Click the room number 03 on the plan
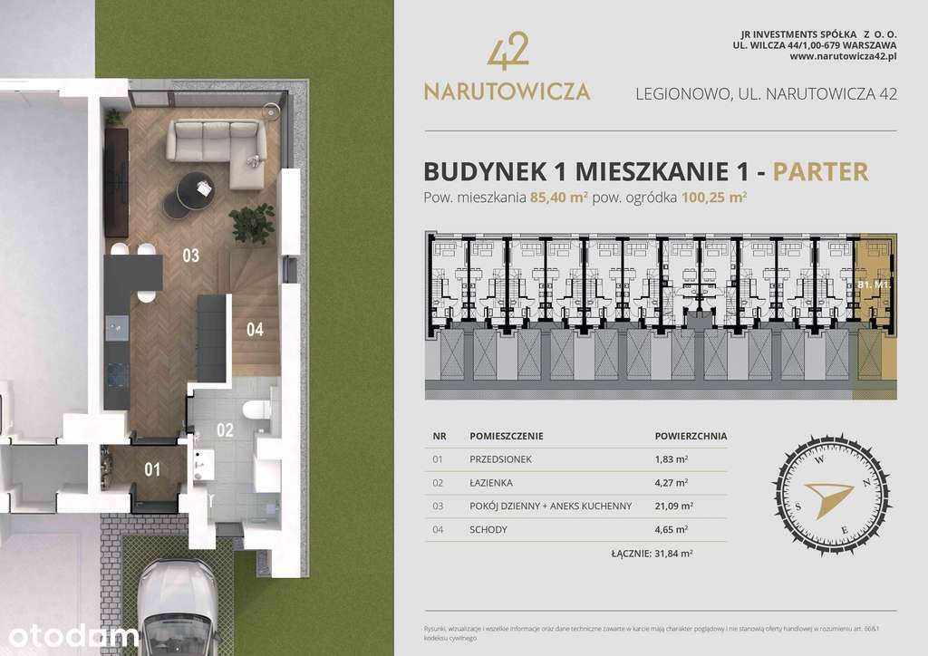coord(190,256)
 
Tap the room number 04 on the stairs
coord(255,330)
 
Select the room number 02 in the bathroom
coord(225,430)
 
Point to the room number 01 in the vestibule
coord(152,469)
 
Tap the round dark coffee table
coord(189,191)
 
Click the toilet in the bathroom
coord(261,412)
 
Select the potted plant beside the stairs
coord(252,222)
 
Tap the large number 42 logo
coord(507,54)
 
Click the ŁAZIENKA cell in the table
coord(492,483)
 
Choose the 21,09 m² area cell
coord(673,506)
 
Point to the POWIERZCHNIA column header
coord(690,436)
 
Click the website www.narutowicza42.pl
coord(843,55)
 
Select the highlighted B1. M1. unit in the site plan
coord(875,284)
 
